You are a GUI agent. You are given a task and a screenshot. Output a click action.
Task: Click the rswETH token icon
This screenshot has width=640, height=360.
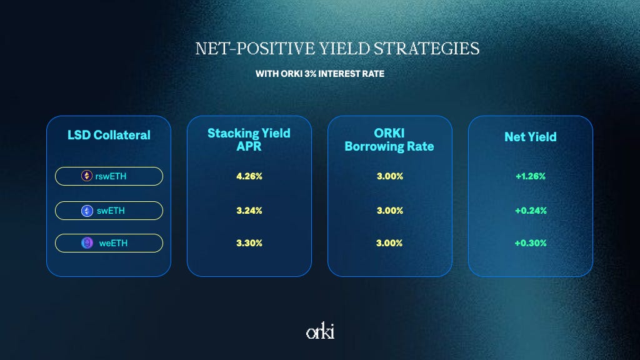(86, 176)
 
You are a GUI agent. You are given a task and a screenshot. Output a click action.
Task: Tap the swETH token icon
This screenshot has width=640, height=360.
(87, 211)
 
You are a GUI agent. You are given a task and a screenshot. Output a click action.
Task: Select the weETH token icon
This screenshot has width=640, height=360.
(87, 243)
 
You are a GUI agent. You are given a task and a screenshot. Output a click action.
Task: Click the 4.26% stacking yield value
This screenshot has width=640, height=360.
(249, 176)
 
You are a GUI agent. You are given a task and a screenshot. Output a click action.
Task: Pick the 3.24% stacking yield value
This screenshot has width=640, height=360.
(249, 211)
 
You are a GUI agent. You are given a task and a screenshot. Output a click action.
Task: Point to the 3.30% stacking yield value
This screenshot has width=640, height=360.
(249, 243)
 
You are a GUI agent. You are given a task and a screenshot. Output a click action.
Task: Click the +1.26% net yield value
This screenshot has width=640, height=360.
(531, 176)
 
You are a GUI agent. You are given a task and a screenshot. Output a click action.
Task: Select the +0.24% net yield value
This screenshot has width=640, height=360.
(531, 211)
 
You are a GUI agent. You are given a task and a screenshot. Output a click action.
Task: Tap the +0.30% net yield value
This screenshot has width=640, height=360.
(531, 243)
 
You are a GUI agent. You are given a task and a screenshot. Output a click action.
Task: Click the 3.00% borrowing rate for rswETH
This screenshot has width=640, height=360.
(390, 176)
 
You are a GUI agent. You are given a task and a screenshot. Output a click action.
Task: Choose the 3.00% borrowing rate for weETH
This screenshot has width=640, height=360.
(389, 243)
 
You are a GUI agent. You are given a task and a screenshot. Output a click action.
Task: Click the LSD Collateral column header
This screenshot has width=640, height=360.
(109, 135)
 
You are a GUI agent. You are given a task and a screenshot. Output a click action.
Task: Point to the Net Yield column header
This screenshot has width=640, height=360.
(531, 137)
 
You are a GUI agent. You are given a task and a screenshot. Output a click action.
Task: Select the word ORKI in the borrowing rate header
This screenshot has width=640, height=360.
(389, 133)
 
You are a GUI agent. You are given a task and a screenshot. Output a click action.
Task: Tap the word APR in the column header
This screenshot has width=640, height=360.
(249, 146)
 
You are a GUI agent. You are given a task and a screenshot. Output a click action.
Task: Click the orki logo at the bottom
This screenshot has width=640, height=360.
(321, 331)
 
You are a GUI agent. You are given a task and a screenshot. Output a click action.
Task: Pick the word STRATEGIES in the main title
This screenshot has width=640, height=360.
(426, 49)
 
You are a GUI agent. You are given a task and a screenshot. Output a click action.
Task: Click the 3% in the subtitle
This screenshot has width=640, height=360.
(310, 74)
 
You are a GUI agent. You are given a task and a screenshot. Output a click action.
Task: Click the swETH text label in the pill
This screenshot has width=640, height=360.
(111, 211)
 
